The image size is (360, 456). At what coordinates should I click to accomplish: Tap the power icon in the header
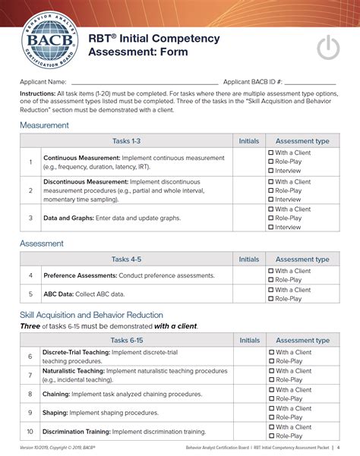coord(328,47)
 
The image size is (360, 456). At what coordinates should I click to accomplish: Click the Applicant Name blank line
coord(144,81)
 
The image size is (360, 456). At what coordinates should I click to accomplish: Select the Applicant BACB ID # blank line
coord(309,81)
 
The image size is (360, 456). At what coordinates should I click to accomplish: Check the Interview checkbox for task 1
coord(271,171)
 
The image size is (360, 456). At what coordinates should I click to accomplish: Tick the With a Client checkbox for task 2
coord(271,182)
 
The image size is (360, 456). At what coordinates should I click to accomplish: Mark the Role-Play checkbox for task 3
coord(271,218)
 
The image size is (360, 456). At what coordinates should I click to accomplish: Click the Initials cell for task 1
coord(248,162)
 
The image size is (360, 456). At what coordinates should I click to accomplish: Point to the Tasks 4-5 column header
coord(126,259)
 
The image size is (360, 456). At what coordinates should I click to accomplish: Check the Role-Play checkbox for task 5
coord(271,299)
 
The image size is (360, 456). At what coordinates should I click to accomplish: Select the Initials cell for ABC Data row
coord(248,294)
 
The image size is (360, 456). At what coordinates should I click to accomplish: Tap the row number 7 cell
coord(30,376)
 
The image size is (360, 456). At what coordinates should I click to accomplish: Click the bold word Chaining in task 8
coord(58,395)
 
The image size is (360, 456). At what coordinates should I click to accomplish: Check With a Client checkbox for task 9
coord(271,409)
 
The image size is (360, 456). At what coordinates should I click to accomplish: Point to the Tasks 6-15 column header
coord(126,341)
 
